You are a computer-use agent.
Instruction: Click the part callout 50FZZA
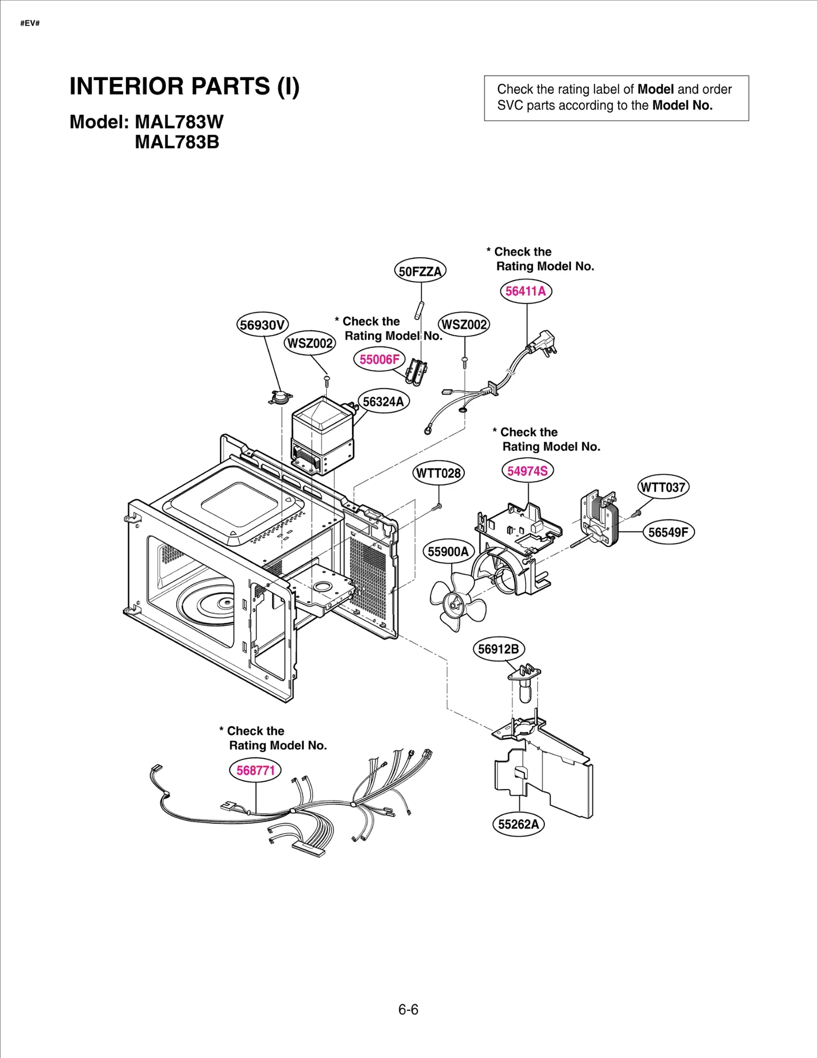click(420, 271)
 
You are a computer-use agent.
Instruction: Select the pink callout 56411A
click(525, 291)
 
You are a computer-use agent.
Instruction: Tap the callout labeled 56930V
click(262, 325)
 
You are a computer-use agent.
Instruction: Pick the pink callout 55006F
click(379, 359)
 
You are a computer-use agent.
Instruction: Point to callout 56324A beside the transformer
click(383, 402)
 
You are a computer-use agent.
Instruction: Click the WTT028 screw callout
click(438, 473)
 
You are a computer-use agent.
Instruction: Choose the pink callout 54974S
click(527, 471)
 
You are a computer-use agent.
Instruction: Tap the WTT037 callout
click(663, 487)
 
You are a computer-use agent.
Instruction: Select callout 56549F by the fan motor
click(668, 532)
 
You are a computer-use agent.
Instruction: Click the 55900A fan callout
click(448, 552)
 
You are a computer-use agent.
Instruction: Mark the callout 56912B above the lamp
click(498, 649)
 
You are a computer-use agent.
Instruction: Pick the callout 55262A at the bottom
click(518, 824)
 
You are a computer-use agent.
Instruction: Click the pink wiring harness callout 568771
click(255, 770)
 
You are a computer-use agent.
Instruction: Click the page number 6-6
click(408, 1010)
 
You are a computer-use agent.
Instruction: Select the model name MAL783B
click(177, 142)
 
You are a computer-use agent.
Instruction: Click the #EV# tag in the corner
click(30, 23)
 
